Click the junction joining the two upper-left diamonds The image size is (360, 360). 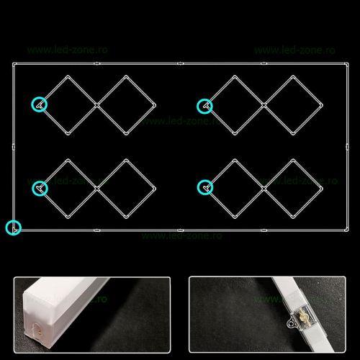pos(97,105)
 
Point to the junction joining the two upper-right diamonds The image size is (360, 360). pos(264,105)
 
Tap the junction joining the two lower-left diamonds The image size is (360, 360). pos(97,189)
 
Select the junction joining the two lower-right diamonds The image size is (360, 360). pos(264,189)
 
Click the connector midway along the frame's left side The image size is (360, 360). pos(14,147)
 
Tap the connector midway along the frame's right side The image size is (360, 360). pos(347,147)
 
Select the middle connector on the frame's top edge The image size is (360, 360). pos(181,63)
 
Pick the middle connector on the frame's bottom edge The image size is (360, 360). pos(181,230)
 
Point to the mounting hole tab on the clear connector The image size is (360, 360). pos(291,323)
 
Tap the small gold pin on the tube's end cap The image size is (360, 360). pos(40,332)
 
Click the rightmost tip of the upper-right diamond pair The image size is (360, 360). pos(323,105)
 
